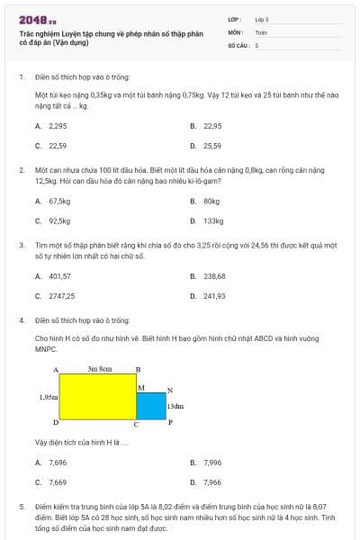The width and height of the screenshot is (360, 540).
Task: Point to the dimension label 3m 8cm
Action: [x=99, y=369]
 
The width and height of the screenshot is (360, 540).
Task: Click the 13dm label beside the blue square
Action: [x=176, y=406]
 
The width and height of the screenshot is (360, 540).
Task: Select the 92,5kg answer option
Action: [x=59, y=220]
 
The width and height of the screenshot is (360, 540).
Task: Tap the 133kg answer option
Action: [x=213, y=220]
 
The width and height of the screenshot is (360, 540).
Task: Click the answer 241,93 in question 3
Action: [x=214, y=295]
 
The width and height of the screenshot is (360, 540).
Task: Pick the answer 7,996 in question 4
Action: [x=212, y=462]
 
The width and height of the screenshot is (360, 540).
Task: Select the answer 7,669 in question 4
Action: [x=58, y=481]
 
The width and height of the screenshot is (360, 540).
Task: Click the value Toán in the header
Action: [x=261, y=31]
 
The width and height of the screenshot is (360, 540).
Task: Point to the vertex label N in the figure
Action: [x=170, y=391]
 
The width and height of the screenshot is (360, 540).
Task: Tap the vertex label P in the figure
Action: [x=170, y=422]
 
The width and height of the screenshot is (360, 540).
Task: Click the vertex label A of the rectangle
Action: [x=56, y=370]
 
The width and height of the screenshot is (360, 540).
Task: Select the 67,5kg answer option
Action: [x=59, y=202]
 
